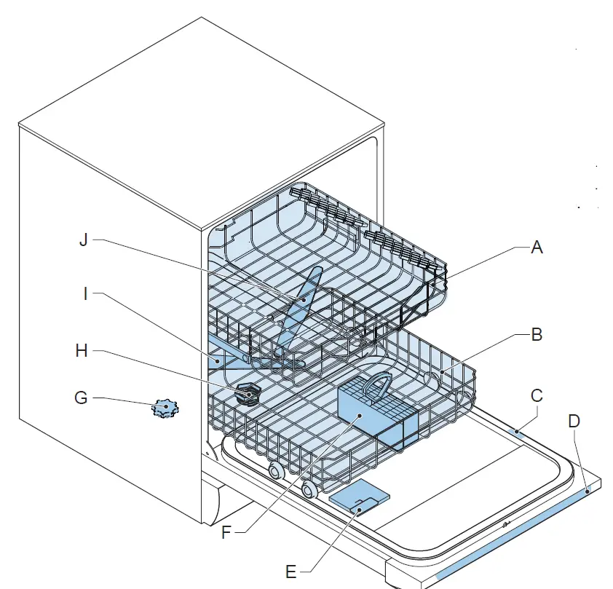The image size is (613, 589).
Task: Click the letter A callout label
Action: pyautogui.click(x=537, y=248)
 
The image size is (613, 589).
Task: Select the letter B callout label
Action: pyautogui.click(x=537, y=336)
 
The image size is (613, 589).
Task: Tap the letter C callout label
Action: pyautogui.click(x=537, y=395)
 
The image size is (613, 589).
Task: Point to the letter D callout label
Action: pyautogui.click(x=574, y=422)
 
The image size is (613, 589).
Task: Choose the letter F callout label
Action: pyautogui.click(x=226, y=531)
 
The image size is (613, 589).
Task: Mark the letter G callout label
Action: pyautogui.click(x=81, y=399)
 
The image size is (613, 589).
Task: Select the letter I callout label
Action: pyautogui.click(x=87, y=294)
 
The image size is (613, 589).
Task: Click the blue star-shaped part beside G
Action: pyautogui.click(x=164, y=409)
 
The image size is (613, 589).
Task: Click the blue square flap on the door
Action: pyautogui.click(x=359, y=500)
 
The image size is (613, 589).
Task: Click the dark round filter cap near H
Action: pyautogui.click(x=249, y=395)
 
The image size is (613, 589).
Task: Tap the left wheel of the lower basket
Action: pyautogui.click(x=275, y=470)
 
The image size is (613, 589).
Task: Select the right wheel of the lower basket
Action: pyautogui.click(x=310, y=489)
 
